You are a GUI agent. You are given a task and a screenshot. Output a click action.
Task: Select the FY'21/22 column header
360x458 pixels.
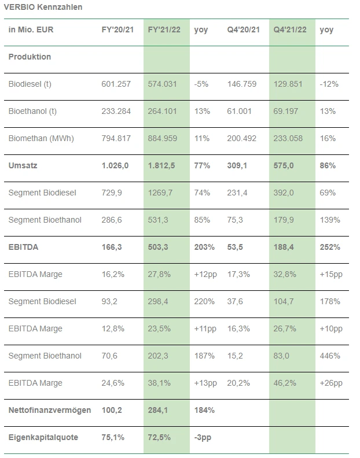pyautogui.click(x=164, y=30)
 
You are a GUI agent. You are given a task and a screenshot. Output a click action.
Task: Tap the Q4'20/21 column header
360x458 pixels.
pyautogui.click(x=243, y=30)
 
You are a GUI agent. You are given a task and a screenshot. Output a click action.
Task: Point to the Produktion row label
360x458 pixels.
pyautogui.click(x=30, y=57)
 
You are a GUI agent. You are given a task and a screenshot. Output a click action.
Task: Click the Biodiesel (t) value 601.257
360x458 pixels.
pyautogui.click(x=116, y=84)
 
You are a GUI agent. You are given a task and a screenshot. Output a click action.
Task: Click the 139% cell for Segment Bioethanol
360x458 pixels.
pyautogui.click(x=328, y=220)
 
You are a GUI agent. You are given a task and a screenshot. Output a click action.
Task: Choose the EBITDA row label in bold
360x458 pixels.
pyautogui.click(x=23, y=247)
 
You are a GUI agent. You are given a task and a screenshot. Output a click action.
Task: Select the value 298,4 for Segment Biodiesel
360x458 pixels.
pyautogui.click(x=159, y=301)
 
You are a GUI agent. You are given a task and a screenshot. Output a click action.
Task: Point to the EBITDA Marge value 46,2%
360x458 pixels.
pyautogui.click(x=285, y=383)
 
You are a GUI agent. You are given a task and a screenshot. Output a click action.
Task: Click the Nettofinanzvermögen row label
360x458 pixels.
pyautogui.click(x=50, y=410)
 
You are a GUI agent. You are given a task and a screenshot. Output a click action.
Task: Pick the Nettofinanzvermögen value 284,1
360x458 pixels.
pyautogui.click(x=159, y=410)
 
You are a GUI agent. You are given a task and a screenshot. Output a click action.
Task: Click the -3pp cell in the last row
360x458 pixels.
pyautogui.click(x=202, y=437)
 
